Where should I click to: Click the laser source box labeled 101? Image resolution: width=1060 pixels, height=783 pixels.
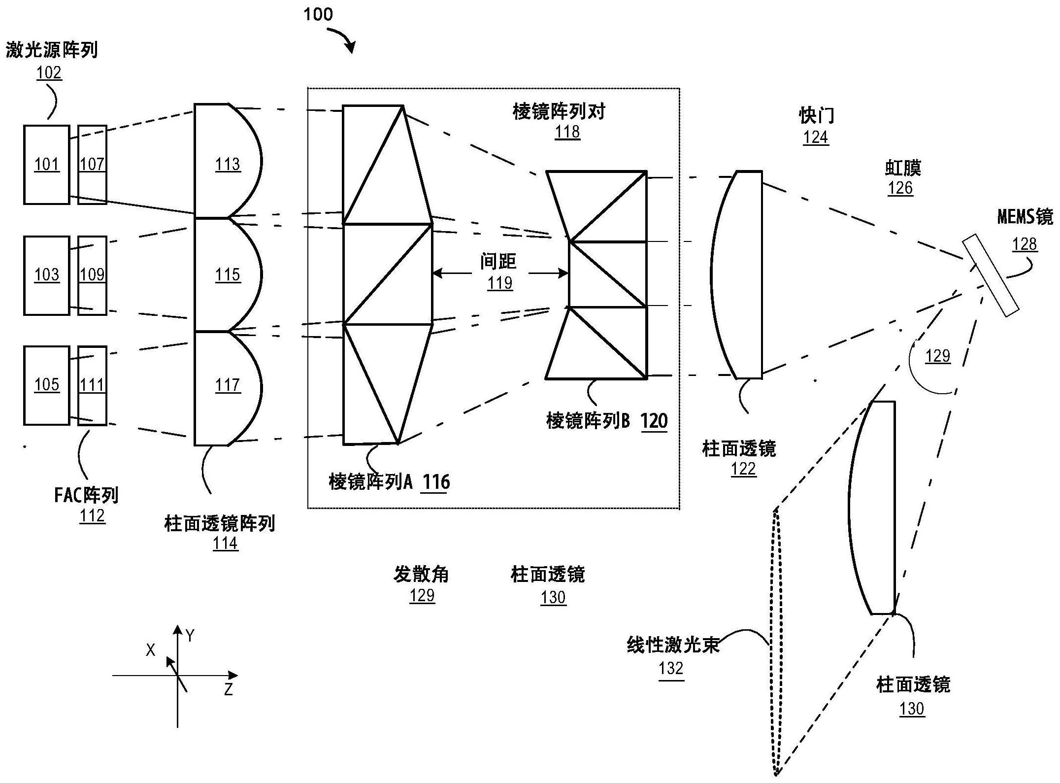tap(46, 165)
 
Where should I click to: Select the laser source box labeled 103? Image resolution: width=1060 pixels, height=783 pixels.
tap(46, 275)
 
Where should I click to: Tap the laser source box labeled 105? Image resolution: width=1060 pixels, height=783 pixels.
tap(46, 385)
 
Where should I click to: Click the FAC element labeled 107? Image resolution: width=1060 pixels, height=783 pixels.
tap(92, 165)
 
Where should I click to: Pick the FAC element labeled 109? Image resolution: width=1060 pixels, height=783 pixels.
tap(92, 275)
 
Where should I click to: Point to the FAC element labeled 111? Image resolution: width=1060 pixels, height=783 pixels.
tap(92, 385)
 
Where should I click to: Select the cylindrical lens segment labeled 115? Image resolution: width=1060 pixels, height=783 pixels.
tap(227, 274)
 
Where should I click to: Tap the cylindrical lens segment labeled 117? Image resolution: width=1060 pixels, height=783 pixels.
tap(227, 386)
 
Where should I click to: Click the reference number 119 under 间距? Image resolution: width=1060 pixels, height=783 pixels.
tap(500, 283)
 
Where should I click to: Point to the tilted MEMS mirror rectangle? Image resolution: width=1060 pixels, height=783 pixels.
tap(991, 275)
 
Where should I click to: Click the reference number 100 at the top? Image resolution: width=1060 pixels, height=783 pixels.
tap(318, 15)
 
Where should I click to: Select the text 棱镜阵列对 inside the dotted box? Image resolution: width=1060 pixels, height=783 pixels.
tap(559, 112)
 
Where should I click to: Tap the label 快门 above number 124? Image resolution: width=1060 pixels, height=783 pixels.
tap(816, 116)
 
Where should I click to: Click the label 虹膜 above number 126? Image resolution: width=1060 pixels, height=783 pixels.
tap(903, 169)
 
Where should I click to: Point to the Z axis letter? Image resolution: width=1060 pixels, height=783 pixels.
tap(228, 689)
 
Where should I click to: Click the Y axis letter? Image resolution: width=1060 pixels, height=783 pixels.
tap(190, 636)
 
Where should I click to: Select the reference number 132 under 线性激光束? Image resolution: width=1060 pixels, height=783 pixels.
tap(671, 669)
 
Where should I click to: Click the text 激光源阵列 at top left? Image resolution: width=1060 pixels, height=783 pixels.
tap(52, 50)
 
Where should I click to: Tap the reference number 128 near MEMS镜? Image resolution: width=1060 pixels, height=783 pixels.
tap(1025, 244)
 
